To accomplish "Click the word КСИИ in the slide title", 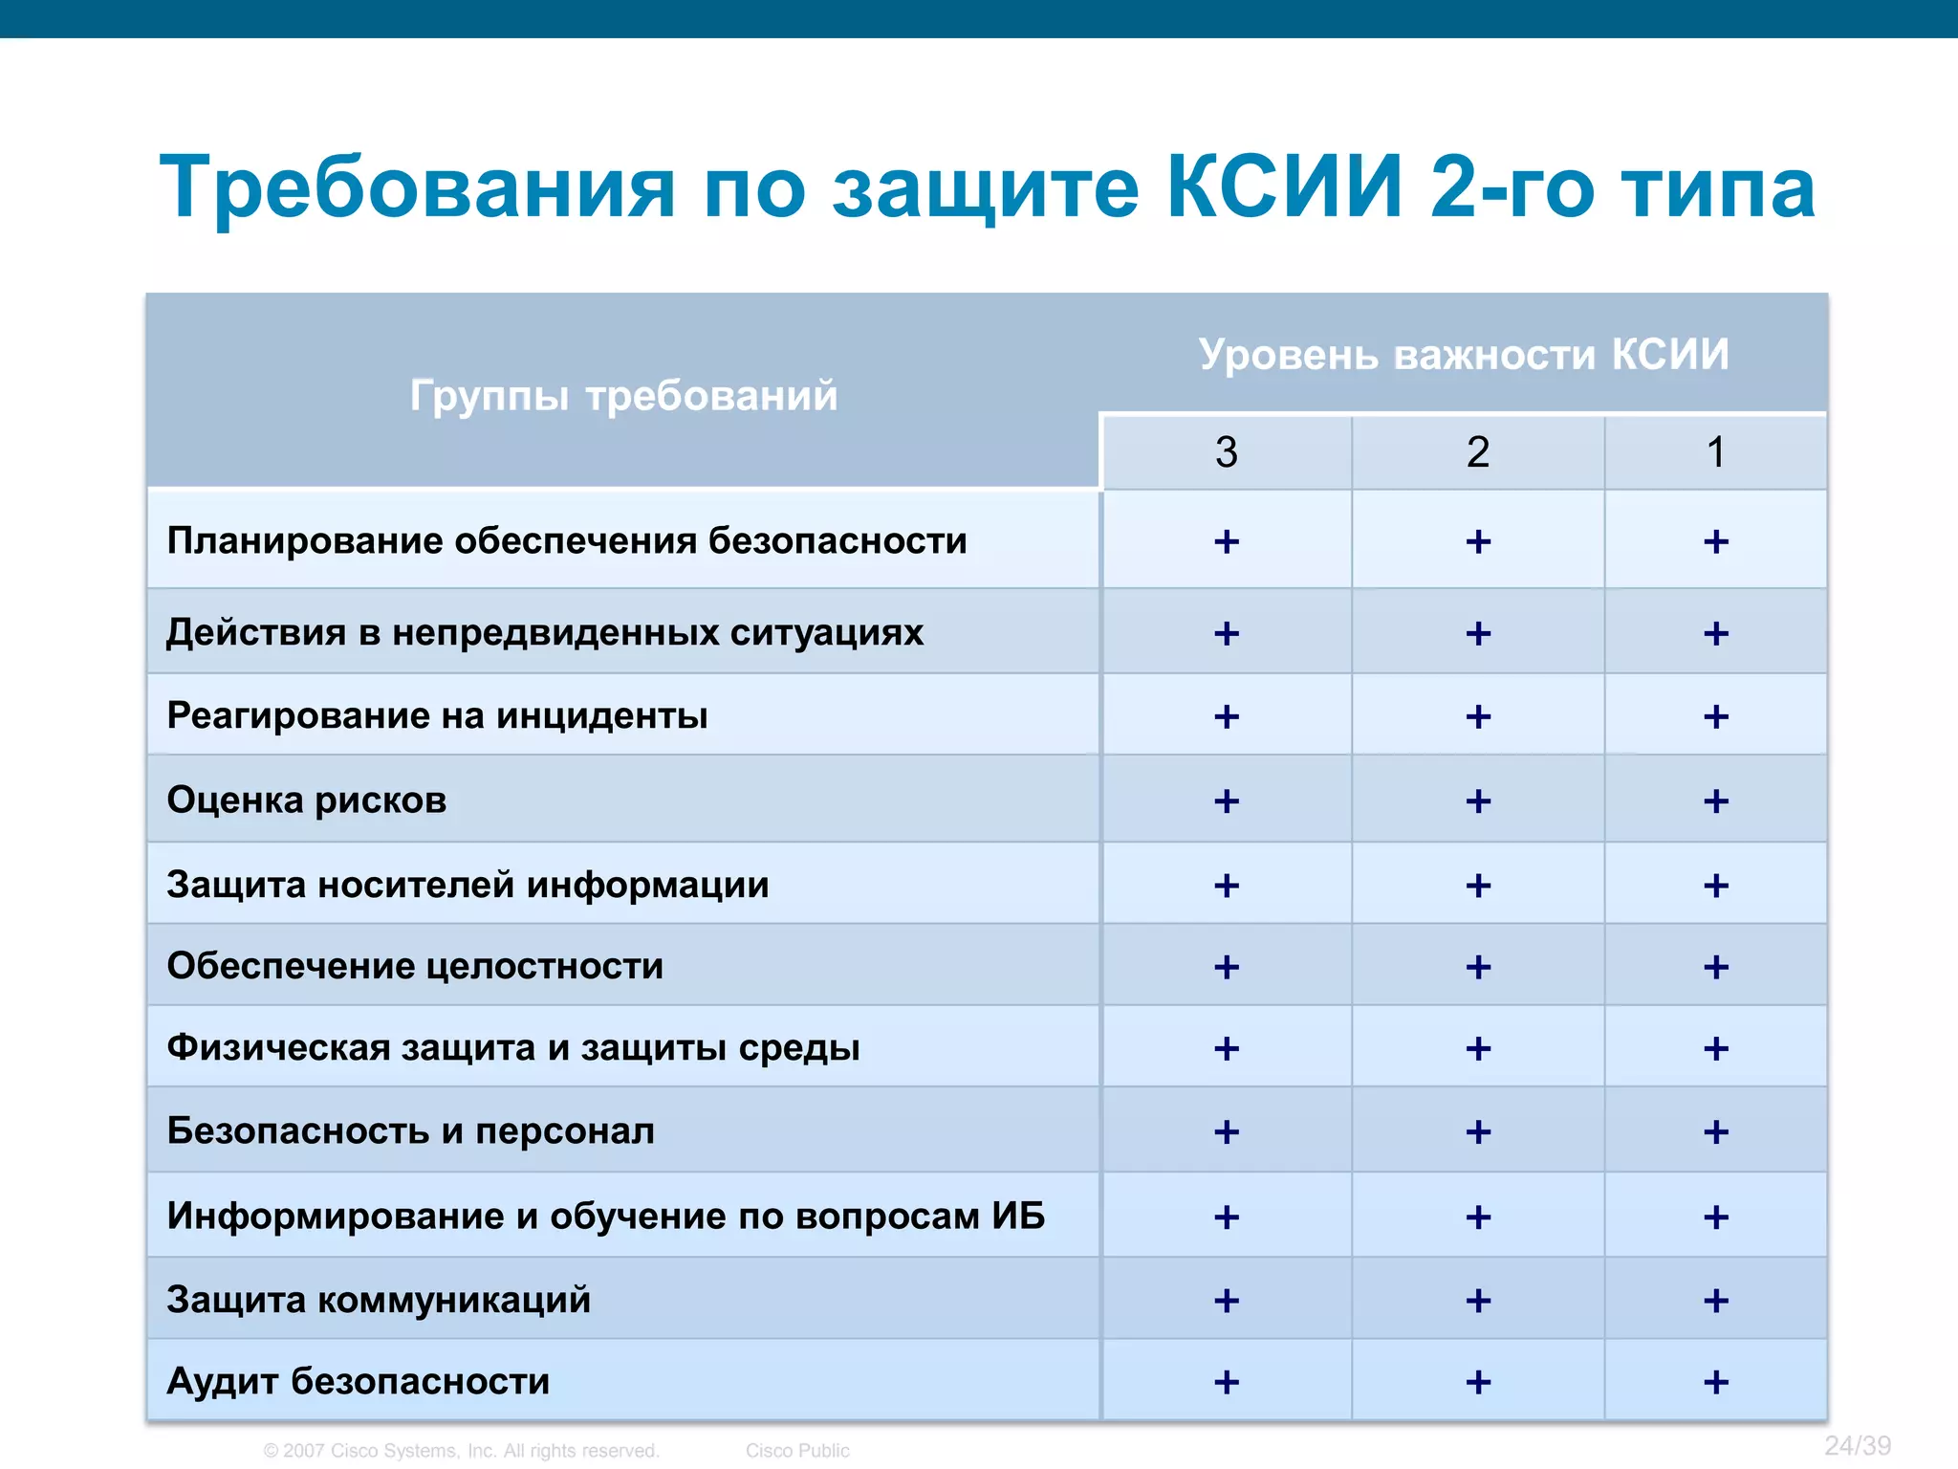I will pos(1284,187).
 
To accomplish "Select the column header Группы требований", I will pos(623,395).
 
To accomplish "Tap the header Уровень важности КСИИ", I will pos(1464,355).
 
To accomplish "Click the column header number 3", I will pos(1227,451).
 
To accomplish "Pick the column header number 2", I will pos(1478,451).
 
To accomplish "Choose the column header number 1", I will pos(1716,451).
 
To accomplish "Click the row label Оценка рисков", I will pos(307,800).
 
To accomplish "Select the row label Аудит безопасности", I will pos(359,1381).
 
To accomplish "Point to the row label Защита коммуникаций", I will pos(379,1300).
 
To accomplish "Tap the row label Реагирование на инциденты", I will pos(437,715).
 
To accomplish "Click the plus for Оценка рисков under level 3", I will pos(1227,801).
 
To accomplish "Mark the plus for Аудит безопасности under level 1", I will pos(1716,1382).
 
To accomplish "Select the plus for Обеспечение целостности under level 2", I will pos(1478,967).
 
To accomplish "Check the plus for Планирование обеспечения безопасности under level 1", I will pos(1716,542).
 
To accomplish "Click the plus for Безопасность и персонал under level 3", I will pos(1227,1132).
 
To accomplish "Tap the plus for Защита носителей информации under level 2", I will pos(1478,886).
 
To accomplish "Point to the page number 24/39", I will pos(1857,1445).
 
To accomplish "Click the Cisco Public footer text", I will pos(797,1451).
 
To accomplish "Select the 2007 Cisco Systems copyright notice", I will pos(462,1451).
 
